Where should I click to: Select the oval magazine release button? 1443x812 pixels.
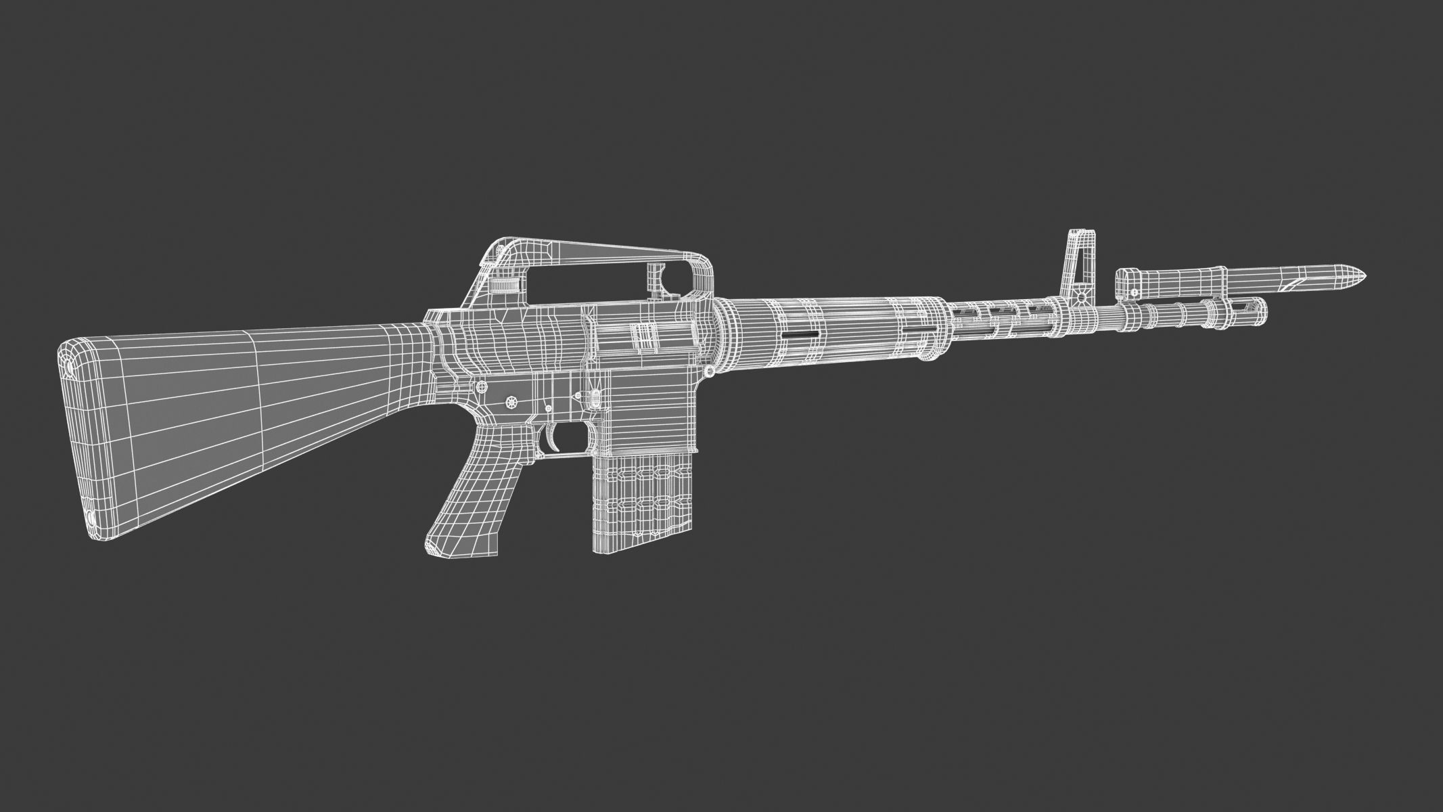(595, 399)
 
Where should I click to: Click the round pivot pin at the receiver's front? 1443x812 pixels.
(709, 371)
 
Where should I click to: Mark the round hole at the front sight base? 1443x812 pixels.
(1082, 296)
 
